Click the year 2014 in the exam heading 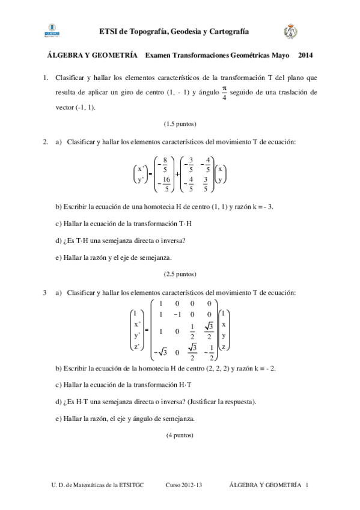pos(307,55)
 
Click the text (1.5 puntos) pos(180,124)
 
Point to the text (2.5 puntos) pos(180,274)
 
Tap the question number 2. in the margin pos(46,142)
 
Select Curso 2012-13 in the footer pos(184,485)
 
